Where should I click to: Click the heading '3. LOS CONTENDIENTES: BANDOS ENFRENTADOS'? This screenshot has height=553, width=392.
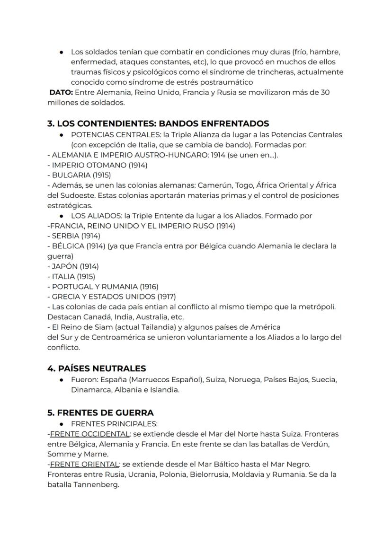(158, 123)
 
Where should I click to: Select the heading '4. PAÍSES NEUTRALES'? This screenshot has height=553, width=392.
(97, 368)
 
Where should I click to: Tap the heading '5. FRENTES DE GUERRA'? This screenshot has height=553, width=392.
(100, 413)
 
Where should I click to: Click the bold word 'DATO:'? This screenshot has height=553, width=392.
(61, 92)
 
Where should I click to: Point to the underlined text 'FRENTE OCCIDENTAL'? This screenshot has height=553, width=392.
(89, 434)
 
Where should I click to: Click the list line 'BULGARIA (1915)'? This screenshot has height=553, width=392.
(81, 175)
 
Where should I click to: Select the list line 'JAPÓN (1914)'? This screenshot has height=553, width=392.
(75, 266)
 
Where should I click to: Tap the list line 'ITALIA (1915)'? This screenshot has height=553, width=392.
(73, 276)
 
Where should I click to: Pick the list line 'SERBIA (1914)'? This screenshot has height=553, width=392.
(76, 236)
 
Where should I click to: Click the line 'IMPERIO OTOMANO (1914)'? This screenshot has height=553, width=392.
(99, 165)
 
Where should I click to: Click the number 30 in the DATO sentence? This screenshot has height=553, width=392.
(325, 92)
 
